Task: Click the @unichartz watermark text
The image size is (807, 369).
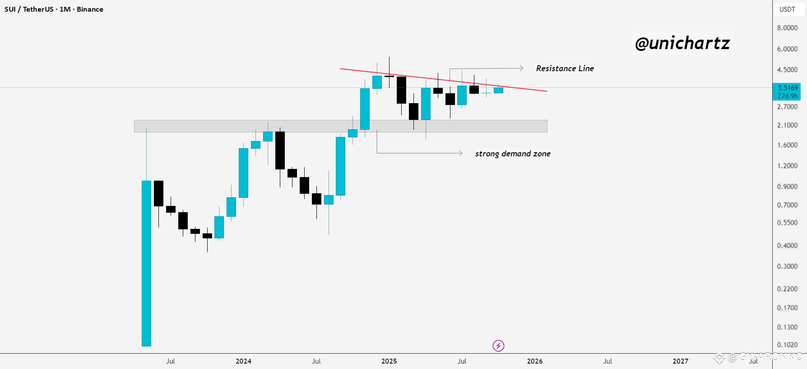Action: [682, 43]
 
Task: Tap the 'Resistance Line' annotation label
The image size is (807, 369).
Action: [565, 68]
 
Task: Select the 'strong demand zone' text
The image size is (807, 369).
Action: [513, 154]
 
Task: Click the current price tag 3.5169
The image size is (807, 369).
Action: [788, 88]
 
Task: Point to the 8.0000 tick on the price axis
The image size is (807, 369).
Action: [787, 28]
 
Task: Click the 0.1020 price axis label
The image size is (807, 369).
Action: [787, 345]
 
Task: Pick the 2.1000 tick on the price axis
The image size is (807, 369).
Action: [787, 125]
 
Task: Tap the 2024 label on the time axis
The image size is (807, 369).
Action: [243, 361]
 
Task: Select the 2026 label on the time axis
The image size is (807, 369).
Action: [535, 361]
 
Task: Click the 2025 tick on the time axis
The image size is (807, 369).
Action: [389, 361]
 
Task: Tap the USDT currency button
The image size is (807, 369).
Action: [788, 9]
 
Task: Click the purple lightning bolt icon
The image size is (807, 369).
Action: [498, 346]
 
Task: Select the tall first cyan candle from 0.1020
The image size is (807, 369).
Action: [146, 264]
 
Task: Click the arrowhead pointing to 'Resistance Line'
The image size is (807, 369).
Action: [521, 68]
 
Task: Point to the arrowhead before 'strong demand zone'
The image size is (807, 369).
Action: [460, 153]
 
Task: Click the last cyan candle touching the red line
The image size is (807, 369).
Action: [498, 90]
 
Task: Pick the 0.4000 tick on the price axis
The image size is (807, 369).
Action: [787, 246]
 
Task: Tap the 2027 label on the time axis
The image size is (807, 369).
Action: [681, 361]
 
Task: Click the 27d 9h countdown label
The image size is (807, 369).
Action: [788, 96]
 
